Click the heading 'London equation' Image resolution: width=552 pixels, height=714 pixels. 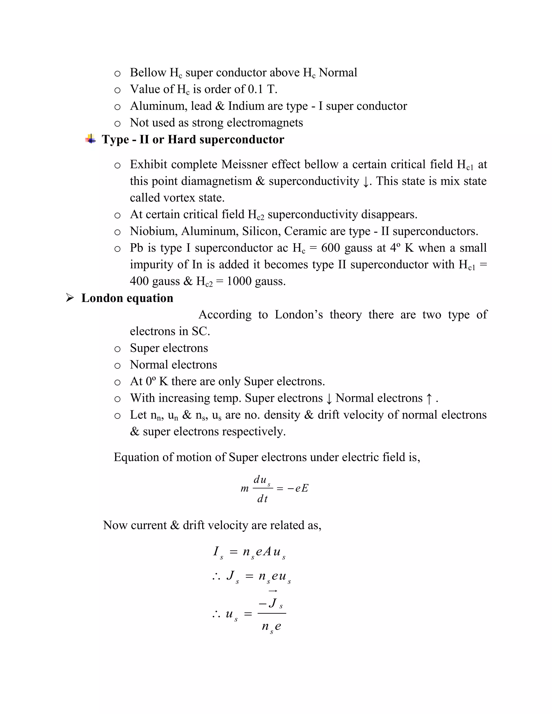[x=127, y=298]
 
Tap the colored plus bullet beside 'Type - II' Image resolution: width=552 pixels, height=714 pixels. [x=91, y=139]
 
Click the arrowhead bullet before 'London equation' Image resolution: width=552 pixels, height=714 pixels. [x=70, y=298]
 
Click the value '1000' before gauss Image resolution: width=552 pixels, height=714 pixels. [x=239, y=281]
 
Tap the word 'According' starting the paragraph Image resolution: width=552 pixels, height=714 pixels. [x=225, y=314]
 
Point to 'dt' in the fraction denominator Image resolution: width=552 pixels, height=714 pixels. [x=262, y=498]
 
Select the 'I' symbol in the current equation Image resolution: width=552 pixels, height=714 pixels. [x=216, y=552]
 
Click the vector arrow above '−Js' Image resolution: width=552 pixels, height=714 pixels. [x=273, y=591]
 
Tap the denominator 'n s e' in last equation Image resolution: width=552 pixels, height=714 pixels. [x=271, y=626]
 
